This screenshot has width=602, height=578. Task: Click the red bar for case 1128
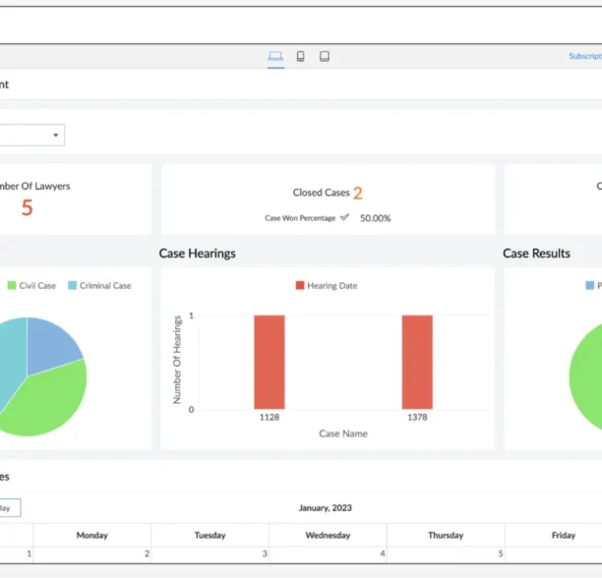(269, 362)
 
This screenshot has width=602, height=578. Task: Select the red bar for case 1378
(417, 362)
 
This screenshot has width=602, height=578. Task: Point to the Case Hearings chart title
(197, 254)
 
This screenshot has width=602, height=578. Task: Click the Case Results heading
(536, 254)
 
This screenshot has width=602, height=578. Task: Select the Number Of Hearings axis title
(178, 359)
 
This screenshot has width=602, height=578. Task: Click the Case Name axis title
(342, 433)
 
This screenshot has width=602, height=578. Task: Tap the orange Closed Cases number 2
(358, 194)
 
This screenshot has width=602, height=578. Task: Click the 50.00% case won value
(375, 218)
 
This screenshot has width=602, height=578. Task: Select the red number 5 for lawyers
(27, 208)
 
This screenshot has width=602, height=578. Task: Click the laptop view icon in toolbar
(275, 56)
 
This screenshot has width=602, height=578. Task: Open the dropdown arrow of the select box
(56, 135)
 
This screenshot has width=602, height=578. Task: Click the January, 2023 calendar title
(326, 508)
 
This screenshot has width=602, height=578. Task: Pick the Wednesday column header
(328, 536)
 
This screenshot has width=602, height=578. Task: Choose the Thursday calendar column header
(446, 536)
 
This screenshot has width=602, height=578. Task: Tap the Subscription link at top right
(585, 56)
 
